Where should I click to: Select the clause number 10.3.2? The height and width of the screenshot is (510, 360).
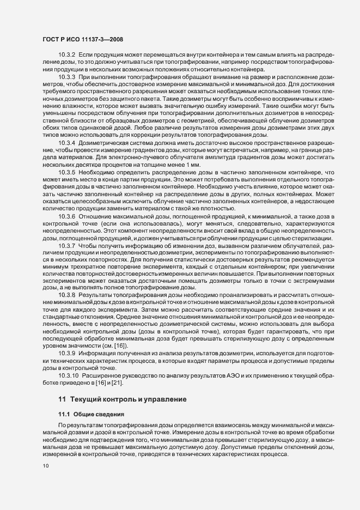(66, 57)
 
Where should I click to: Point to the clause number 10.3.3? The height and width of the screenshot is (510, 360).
(66, 78)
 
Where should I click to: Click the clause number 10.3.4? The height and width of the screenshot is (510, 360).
(66, 142)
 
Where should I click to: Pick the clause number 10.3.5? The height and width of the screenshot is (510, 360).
(66, 170)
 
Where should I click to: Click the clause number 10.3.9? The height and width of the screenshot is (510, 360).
(66, 354)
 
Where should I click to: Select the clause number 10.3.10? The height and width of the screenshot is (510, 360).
(68, 375)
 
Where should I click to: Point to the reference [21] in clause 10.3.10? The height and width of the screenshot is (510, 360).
(103, 382)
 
